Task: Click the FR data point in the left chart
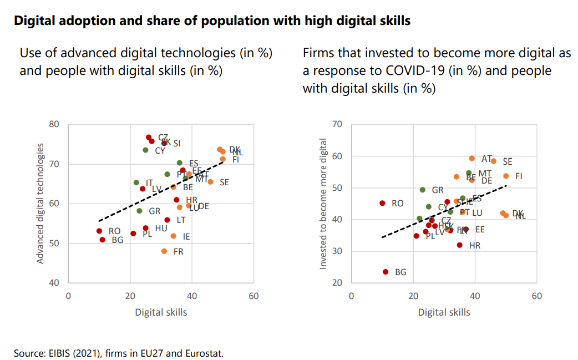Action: coord(164,251)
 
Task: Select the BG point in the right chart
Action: coord(386,272)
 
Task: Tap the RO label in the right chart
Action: coord(397,204)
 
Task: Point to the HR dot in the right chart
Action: coord(459,245)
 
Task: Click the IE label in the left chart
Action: coord(186,236)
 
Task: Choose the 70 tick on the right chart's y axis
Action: coord(337,124)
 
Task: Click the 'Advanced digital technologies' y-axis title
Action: coord(40,203)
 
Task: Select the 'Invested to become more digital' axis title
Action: coord(323,203)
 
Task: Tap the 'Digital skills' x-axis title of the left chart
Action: coord(161,312)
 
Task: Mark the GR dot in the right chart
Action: coord(423,190)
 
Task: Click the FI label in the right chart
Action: coord(519,176)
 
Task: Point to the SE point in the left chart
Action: coord(210,182)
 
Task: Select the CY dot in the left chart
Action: coord(145,150)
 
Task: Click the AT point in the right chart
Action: coord(472,159)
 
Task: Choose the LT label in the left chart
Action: coord(181,220)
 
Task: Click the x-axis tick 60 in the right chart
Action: coord(536,296)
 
